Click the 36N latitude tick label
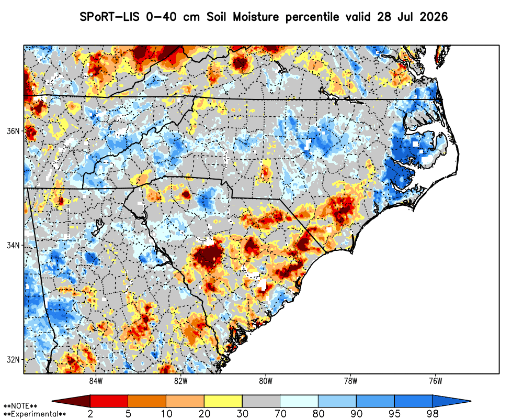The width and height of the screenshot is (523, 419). click(x=13, y=131)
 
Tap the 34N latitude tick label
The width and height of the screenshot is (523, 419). click(x=13, y=246)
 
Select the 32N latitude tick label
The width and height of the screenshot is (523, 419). click(x=13, y=360)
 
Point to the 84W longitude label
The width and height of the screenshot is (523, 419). click(x=96, y=381)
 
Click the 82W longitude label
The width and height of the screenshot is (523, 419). click(x=181, y=381)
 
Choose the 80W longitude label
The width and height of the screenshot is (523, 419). click(x=266, y=381)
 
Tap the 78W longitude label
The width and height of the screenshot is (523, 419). click(x=351, y=381)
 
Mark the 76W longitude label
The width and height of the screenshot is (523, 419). click(x=436, y=381)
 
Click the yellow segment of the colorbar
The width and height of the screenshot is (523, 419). click(x=223, y=401)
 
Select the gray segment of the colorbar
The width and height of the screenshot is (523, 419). click(x=261, y=401)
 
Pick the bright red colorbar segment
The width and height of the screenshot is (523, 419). click(x=109, y=401)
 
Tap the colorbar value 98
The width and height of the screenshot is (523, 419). click(x=433, y=414)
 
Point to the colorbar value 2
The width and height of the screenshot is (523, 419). click(x=90, y=414)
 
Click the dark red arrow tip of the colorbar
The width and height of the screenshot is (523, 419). click(x=53, y=401)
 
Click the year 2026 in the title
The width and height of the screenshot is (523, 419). click(x=434, y=16)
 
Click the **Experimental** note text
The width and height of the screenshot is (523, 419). click(x=35, y=414)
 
